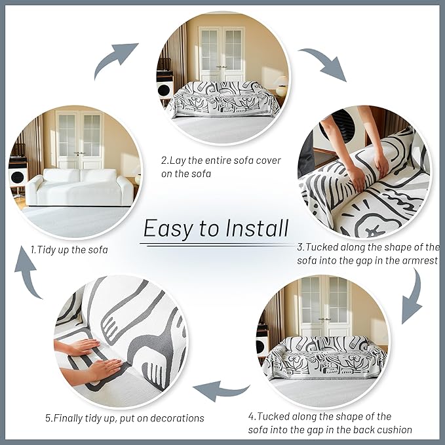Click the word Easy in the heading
click(166, 229)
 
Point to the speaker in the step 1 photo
click(18, 177)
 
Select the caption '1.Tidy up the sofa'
click(69, 249)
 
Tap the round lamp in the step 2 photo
click(281, 83)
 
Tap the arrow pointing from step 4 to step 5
click(221, 391)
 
